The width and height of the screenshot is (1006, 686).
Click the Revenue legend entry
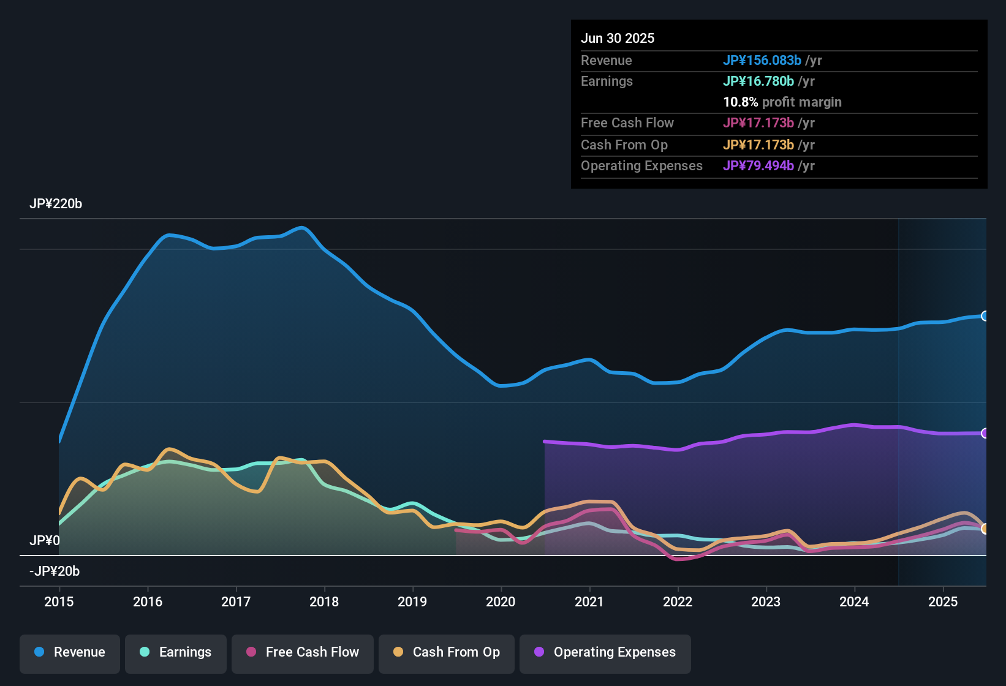pyautogui.click(x=70, y=652)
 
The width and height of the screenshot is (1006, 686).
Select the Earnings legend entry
pyautogui.click(x=176, y=652)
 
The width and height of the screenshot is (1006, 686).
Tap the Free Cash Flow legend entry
pyautogui.click(x=303, y=652)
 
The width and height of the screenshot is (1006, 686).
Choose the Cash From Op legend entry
pyautogui.click(x=447, y=652)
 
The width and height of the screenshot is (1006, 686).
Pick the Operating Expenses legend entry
pyautogui.click(x=605, y=652)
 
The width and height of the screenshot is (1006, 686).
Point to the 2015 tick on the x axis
pyautogui.click(x=59, y=601)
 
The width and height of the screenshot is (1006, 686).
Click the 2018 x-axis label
pyautogui.click(x=324, y=601)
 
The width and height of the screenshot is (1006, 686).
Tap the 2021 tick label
pyautogui.click(x=589, y=601)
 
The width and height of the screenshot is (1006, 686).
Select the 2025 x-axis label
pyautogui.click(x=943, y=601)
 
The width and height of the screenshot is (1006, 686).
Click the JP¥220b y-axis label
pyautogui.click(x=56, y=204)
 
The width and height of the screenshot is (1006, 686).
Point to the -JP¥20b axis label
pyautogui.click(x=55, y=571)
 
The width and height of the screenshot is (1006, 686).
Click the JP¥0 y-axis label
pyautogui.click(x=45, y=541)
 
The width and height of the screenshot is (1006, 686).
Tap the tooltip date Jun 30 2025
pyautogui.click(x=618, y=39)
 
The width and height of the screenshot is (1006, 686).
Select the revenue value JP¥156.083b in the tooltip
pyautogui.click(x=762, y=61)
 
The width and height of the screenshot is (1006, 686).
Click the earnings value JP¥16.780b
pyautogui.click(x=758, y=81)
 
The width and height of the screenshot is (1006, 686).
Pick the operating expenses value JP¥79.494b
pyautogui.click(x=758, y=166)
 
